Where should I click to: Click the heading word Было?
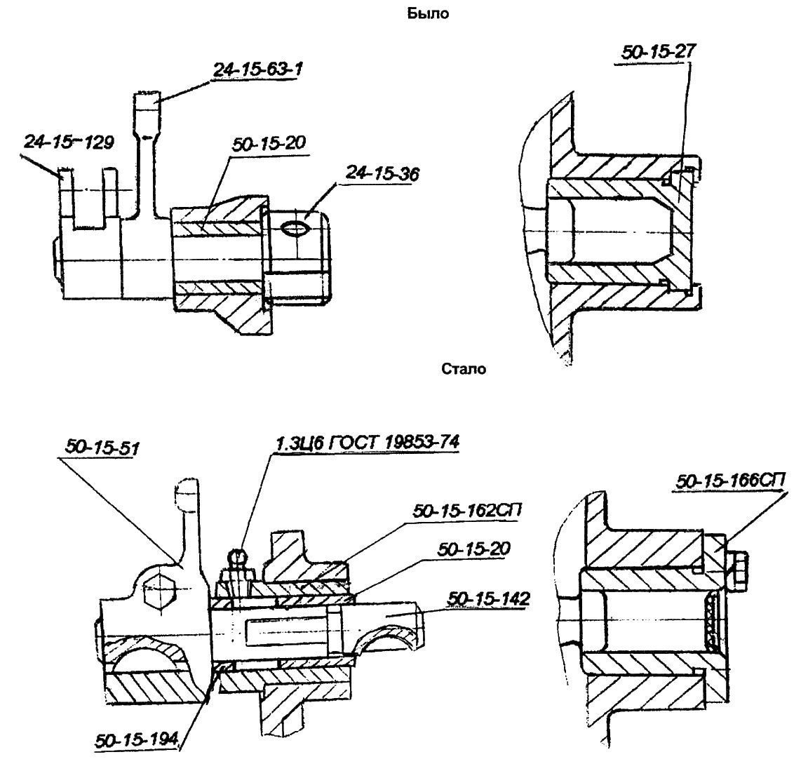[427, 13]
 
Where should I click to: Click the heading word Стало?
[464, 368]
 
